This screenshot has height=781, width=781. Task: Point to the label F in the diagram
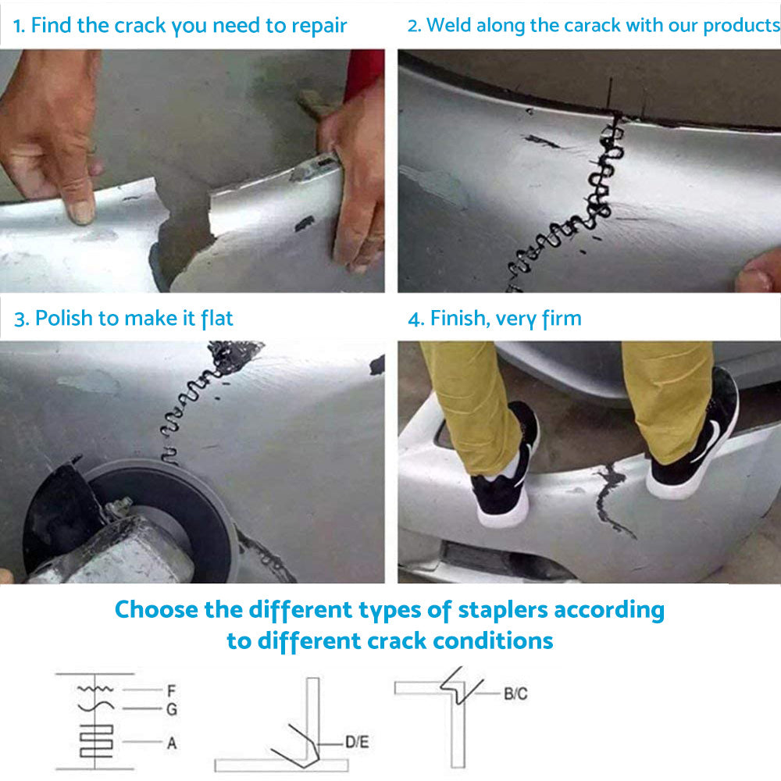[170, 690]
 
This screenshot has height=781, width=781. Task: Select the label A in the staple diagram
[171, 743]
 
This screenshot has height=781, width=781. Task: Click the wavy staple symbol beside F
[96, 690]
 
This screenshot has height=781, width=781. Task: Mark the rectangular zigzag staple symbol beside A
[95, 738]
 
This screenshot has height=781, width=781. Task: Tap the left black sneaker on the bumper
[504, 469]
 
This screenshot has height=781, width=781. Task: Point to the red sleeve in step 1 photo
[364, 72]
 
